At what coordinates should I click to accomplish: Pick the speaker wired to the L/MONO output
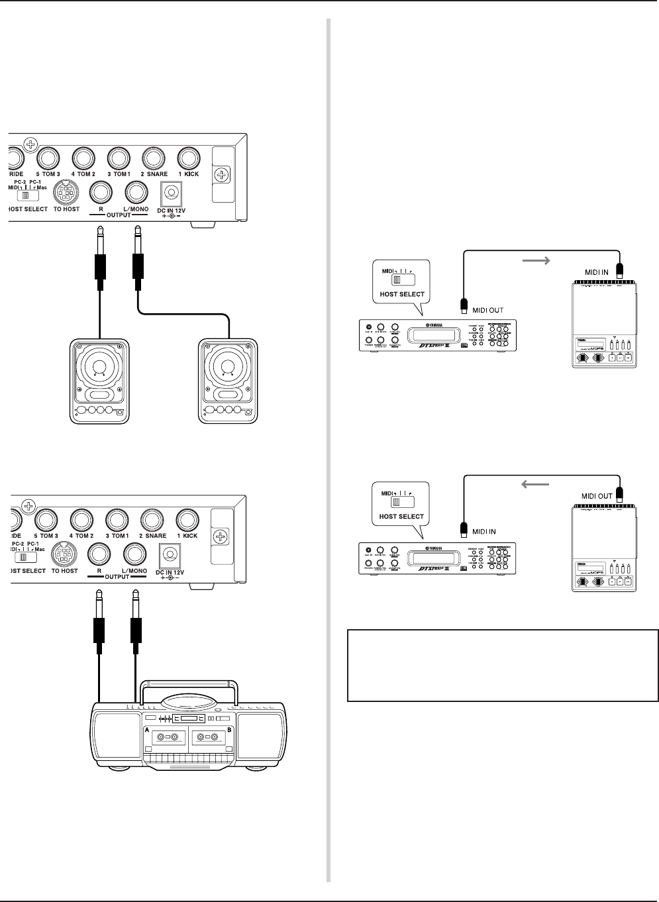click(x=228, y=380)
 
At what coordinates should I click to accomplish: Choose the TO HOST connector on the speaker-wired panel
click(x=66, y=193)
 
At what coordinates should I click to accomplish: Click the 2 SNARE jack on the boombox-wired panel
click(x=152, y=520)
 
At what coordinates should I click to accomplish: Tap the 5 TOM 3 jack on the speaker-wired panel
click(x=48, y=158)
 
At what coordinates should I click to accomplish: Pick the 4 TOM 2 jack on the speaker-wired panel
click(x=83, y=158)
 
